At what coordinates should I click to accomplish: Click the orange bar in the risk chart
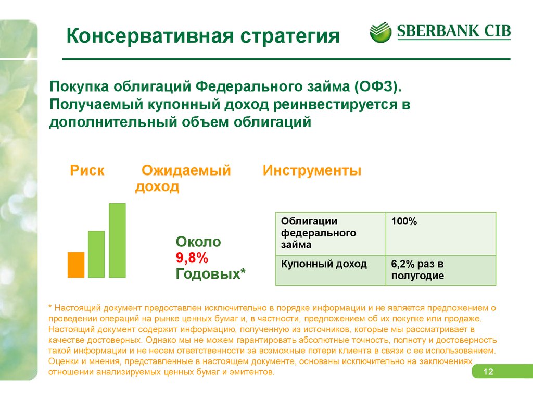tap(76, 265)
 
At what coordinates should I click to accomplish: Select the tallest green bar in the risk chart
tap(117, 241)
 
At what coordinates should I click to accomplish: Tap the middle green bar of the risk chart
tap(96, 254)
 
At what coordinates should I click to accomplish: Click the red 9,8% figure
tap(192, 257)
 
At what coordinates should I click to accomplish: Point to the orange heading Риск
tap(87, 170)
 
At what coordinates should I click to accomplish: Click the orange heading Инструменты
tap(312, 170)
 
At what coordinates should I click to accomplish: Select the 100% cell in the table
tap(441, 234)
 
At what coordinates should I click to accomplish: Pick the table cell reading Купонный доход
tap(331, 270)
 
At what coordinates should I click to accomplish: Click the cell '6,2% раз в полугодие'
tap(441, 270)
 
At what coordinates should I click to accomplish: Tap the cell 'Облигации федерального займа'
tap(331, 234)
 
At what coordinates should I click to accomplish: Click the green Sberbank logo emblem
tap(380, 32)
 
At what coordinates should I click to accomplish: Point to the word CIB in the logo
tap(497, 31)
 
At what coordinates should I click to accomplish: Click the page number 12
tap(488, 371)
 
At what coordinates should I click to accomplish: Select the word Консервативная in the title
tap(150, 36)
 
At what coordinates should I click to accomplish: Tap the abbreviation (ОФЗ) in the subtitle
tap(378, 86)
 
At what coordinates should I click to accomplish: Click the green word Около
tap(198, 242)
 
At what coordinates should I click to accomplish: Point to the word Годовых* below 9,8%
tap(210, 273)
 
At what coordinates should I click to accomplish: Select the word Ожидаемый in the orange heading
tap(186, 170)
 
